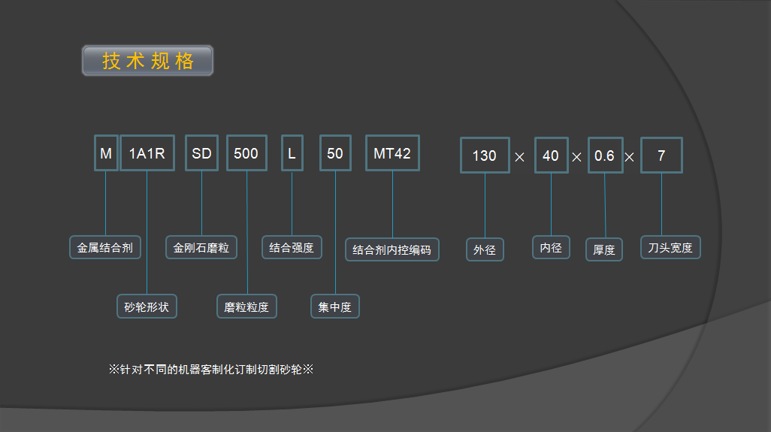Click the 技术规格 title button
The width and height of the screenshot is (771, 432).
[147, 61]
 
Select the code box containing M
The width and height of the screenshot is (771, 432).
[106, 154]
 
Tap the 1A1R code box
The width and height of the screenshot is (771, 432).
[147, 154]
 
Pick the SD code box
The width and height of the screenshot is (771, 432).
[201, 154]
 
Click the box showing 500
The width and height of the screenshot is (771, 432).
[246, 154]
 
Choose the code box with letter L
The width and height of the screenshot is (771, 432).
[292, 154]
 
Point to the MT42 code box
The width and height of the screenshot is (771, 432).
[392, 153]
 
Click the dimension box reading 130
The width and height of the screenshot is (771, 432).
[485, 156]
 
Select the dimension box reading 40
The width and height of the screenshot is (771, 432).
[551, 156]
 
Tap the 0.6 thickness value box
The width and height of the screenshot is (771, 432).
[605, 156]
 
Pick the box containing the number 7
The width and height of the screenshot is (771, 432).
[661, 156]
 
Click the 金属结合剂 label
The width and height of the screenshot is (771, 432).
[105, 247]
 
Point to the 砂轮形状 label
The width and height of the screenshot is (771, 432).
[147, 306]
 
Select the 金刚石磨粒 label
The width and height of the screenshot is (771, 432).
[201, 247]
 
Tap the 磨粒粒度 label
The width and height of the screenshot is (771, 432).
[246, 307]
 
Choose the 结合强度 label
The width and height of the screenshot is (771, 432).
[292, 247]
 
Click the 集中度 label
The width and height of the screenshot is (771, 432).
[335, 307]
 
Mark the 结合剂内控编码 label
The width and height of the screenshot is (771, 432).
[392, 249]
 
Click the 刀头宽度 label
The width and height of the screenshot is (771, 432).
[670, 247]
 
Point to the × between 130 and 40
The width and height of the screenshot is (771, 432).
[519, 157]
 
